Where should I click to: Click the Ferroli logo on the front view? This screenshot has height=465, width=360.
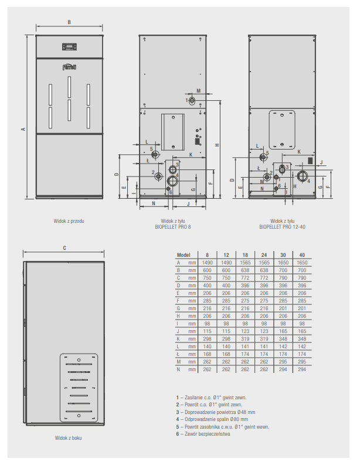tap(69, 67)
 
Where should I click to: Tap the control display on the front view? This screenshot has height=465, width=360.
tap(69, 47)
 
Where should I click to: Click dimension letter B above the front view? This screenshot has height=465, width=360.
tap(69, 22)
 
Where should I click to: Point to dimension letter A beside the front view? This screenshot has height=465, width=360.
tap(23, 129)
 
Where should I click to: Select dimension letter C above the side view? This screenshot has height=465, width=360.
tap(64, 248)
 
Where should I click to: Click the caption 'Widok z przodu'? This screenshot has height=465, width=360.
tap(69, 221)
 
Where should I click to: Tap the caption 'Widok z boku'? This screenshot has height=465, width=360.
tap(68, 437)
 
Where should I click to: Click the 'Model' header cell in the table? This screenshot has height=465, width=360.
tap(184, 255)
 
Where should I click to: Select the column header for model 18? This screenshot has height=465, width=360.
tap(245, 255)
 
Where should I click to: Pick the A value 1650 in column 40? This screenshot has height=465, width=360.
tap(302, 263)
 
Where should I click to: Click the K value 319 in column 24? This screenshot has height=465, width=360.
tap(264, 339)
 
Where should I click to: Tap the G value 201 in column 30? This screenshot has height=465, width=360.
tap(283, 308)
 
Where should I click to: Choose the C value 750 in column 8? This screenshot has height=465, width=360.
tap(207, 278)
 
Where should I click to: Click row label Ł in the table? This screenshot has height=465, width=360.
tap(178, 354)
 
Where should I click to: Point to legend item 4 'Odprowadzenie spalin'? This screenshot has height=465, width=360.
tap(212, 419)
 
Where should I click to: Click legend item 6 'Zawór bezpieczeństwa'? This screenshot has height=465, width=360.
tap(203, 434)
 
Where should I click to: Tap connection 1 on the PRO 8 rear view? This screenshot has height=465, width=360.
tap(192, 100)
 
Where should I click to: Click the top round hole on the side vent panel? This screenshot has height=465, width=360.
tap(79, 360)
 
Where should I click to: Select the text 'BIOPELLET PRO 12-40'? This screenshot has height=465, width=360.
tap(282, 227)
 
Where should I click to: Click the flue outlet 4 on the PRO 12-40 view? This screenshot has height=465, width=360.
tap(303, 175)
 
